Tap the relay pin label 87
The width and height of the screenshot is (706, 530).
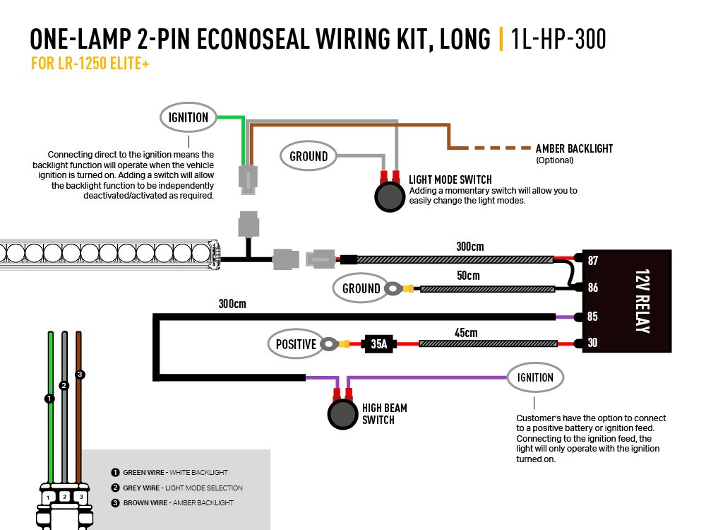(592, 261)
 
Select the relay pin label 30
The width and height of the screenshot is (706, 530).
(592, 343)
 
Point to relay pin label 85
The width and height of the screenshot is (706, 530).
(592, 317)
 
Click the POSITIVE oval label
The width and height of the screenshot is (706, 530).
(296, 344)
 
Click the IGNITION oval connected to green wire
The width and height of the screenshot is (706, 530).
(188, 117)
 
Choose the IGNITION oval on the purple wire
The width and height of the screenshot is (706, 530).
(535, 377)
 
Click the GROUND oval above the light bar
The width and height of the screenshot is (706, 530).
(309, 155)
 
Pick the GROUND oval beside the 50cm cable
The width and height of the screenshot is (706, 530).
(361, 288)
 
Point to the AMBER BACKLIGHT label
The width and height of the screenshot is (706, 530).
(574, 148)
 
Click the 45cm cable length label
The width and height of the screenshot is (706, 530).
(465, 332)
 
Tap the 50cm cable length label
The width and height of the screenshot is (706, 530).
(467, 275)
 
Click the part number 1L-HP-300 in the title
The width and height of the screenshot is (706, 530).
(558, 40)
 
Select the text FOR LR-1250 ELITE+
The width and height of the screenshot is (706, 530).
(90, 64)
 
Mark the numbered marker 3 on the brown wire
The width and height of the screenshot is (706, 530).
(80, 374)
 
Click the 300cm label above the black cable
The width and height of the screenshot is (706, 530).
(232, 305)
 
